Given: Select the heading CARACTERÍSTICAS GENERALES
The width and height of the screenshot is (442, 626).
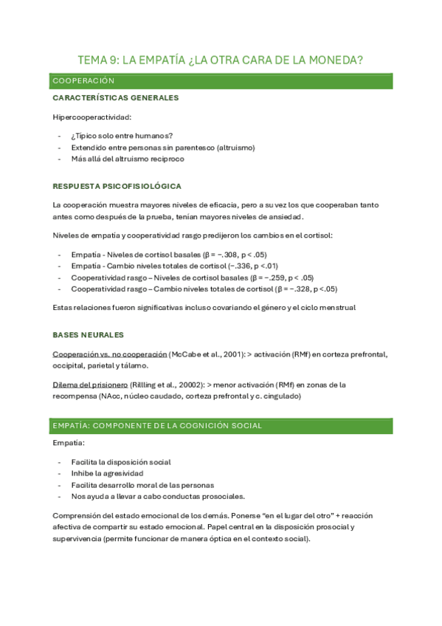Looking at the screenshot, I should point(115,98).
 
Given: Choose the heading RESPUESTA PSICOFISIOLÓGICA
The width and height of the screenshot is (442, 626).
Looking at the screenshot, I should point(117,186).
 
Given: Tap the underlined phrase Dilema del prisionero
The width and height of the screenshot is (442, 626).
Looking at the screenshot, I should point(90,385).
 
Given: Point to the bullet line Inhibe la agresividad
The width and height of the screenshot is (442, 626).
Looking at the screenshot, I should point(108,473).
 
